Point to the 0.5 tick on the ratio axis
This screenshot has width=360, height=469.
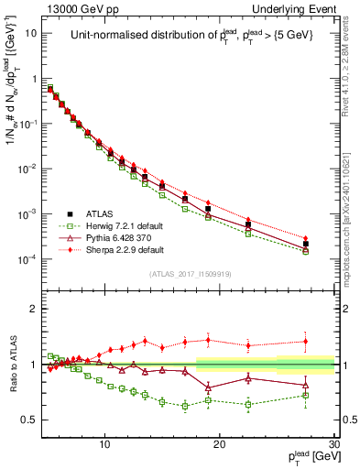(34, 420)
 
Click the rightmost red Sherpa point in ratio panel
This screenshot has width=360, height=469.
(306, 341)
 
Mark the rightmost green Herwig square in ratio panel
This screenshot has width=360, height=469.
(306, 396)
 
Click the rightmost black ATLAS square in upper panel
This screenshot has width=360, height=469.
(306, 244)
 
